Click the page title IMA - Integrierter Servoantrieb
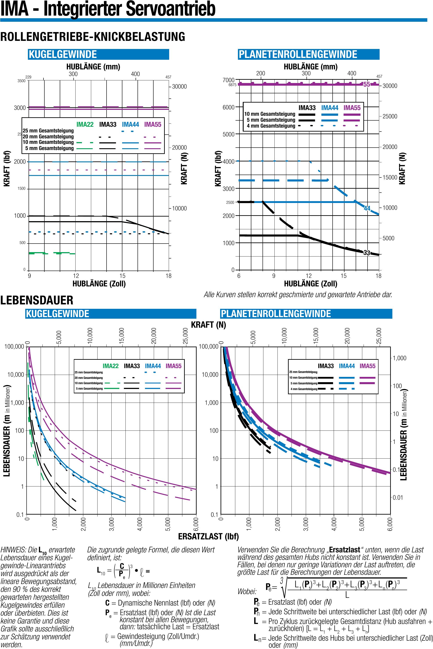(108, 9)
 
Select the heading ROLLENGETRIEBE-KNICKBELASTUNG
(93, 37)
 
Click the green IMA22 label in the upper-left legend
(85, 125)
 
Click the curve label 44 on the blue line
(367, 208)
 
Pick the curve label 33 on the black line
(366, 252)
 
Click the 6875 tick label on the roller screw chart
(232, 85)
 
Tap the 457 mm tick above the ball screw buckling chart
(168, 77)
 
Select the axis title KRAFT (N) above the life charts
(208, 325)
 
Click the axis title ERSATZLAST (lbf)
(208, 536)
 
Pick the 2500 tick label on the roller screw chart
(230, 202)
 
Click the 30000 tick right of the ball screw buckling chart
(179, 87)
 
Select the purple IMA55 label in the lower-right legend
(367, 366)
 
